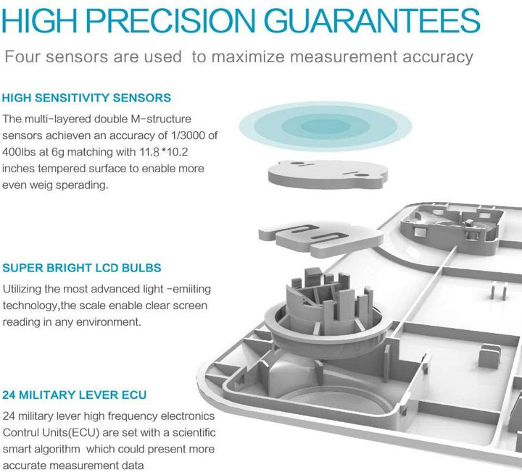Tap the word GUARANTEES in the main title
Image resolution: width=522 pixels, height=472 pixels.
(372, 20)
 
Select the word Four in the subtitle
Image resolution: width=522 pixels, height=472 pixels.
(22, 56)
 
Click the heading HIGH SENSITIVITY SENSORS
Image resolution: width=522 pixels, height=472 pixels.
(86, 98)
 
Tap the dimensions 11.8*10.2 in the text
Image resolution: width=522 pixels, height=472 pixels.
(163, 152)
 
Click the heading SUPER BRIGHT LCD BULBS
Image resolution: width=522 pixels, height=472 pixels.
(82, 268)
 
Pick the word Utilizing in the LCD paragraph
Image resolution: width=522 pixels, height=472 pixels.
(22, 289)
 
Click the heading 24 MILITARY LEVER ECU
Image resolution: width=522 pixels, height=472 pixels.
(74, 395)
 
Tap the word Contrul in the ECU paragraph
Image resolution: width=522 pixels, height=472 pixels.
(20, 432)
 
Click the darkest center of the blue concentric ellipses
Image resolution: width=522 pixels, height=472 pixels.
(326, 127)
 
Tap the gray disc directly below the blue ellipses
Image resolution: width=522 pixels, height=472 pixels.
(328, 174)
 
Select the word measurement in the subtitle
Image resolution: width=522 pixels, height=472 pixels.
(344, 56)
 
